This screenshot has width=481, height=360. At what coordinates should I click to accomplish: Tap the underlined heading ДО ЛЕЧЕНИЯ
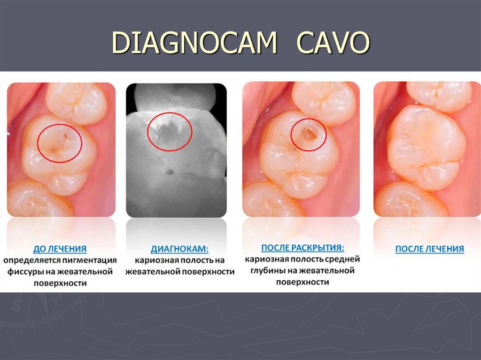pyautogui.click(x=60, y=249)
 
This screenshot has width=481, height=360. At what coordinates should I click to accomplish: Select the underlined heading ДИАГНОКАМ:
pyautogui.click(x=179, y=249)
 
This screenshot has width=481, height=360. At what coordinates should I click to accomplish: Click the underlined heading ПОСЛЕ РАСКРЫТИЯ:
pyautogui.click(x=303, y=247)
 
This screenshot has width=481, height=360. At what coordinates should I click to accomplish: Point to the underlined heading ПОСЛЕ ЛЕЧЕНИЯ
pyautogui.click(x=429, y=249)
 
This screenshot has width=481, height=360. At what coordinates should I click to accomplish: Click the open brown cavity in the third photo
pyautogui.click(x=309, y=134)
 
